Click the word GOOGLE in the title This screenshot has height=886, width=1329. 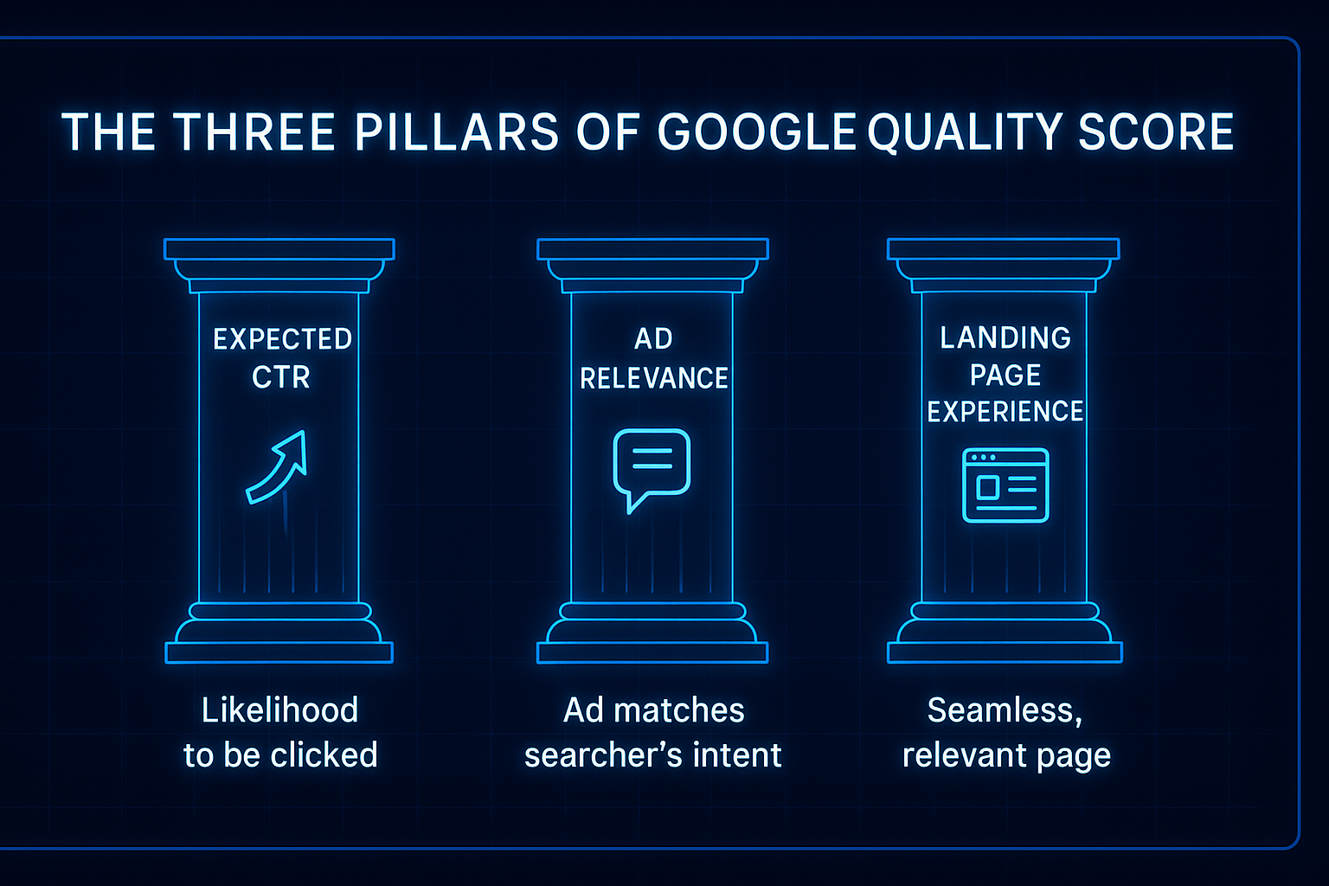pyautogui.click(x=756, y=132)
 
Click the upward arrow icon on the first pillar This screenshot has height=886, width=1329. pyautogui.click(x=278, y=467)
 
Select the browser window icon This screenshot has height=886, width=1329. pyautogui.click(x=1005, y=485)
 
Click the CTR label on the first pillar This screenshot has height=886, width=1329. pyautogui.click(x=280, y=377)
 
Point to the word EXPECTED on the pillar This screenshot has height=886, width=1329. pyautogui.click(x=282, y=339)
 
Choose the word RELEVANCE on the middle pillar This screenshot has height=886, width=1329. pyautogui.click(x=653, y=378)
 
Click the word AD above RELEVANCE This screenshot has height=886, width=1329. pyautogui.click(x=653, y=338)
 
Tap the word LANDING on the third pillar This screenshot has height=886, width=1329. pyautogui.click(x=1005, y=337)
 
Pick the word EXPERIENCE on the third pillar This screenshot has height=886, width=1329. pyautogui.click(x=1005, y=411)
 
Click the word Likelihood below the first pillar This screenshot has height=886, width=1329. pyautogui.click(x=279, y=710)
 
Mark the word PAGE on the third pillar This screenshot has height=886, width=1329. pyautogui.click(x=1005, y=375)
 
